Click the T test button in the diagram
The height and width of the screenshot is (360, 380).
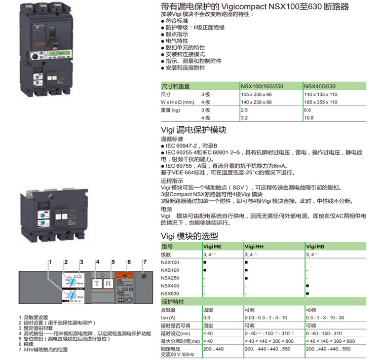97,284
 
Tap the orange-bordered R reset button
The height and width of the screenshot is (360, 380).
108,284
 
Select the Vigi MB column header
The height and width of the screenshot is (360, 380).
315,246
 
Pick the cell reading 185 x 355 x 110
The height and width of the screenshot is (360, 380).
320,102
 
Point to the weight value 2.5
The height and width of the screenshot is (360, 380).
244,110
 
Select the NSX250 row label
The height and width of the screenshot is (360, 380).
170,278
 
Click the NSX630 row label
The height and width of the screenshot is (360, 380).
170,294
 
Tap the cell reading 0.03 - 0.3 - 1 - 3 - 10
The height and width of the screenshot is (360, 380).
265,317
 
